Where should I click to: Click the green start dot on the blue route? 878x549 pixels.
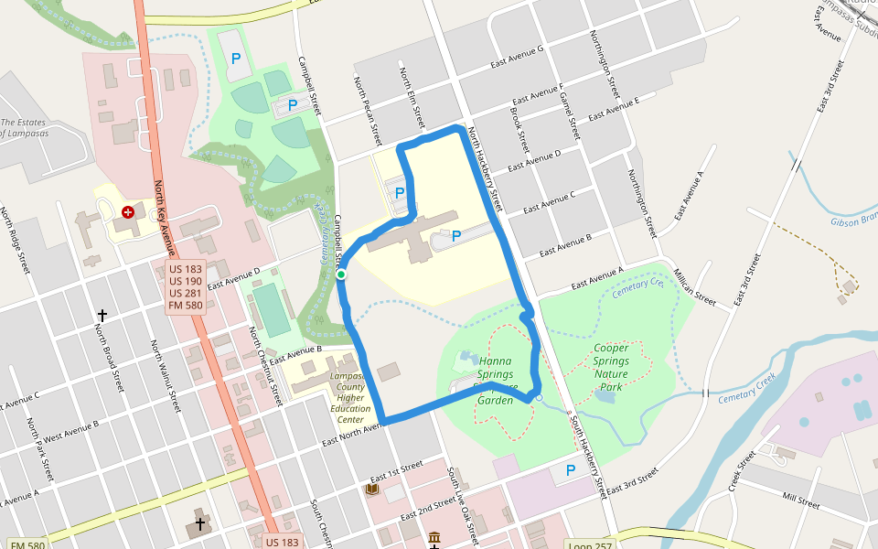point(340,274)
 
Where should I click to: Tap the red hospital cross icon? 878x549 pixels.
point(127,211)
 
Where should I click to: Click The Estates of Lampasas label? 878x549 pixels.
point(24,127)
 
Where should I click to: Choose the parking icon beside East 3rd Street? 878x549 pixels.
point(571,470)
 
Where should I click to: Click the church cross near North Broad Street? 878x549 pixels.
point(102,315)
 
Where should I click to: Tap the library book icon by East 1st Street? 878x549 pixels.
point(371,490)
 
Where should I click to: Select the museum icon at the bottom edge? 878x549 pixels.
point(434,539)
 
